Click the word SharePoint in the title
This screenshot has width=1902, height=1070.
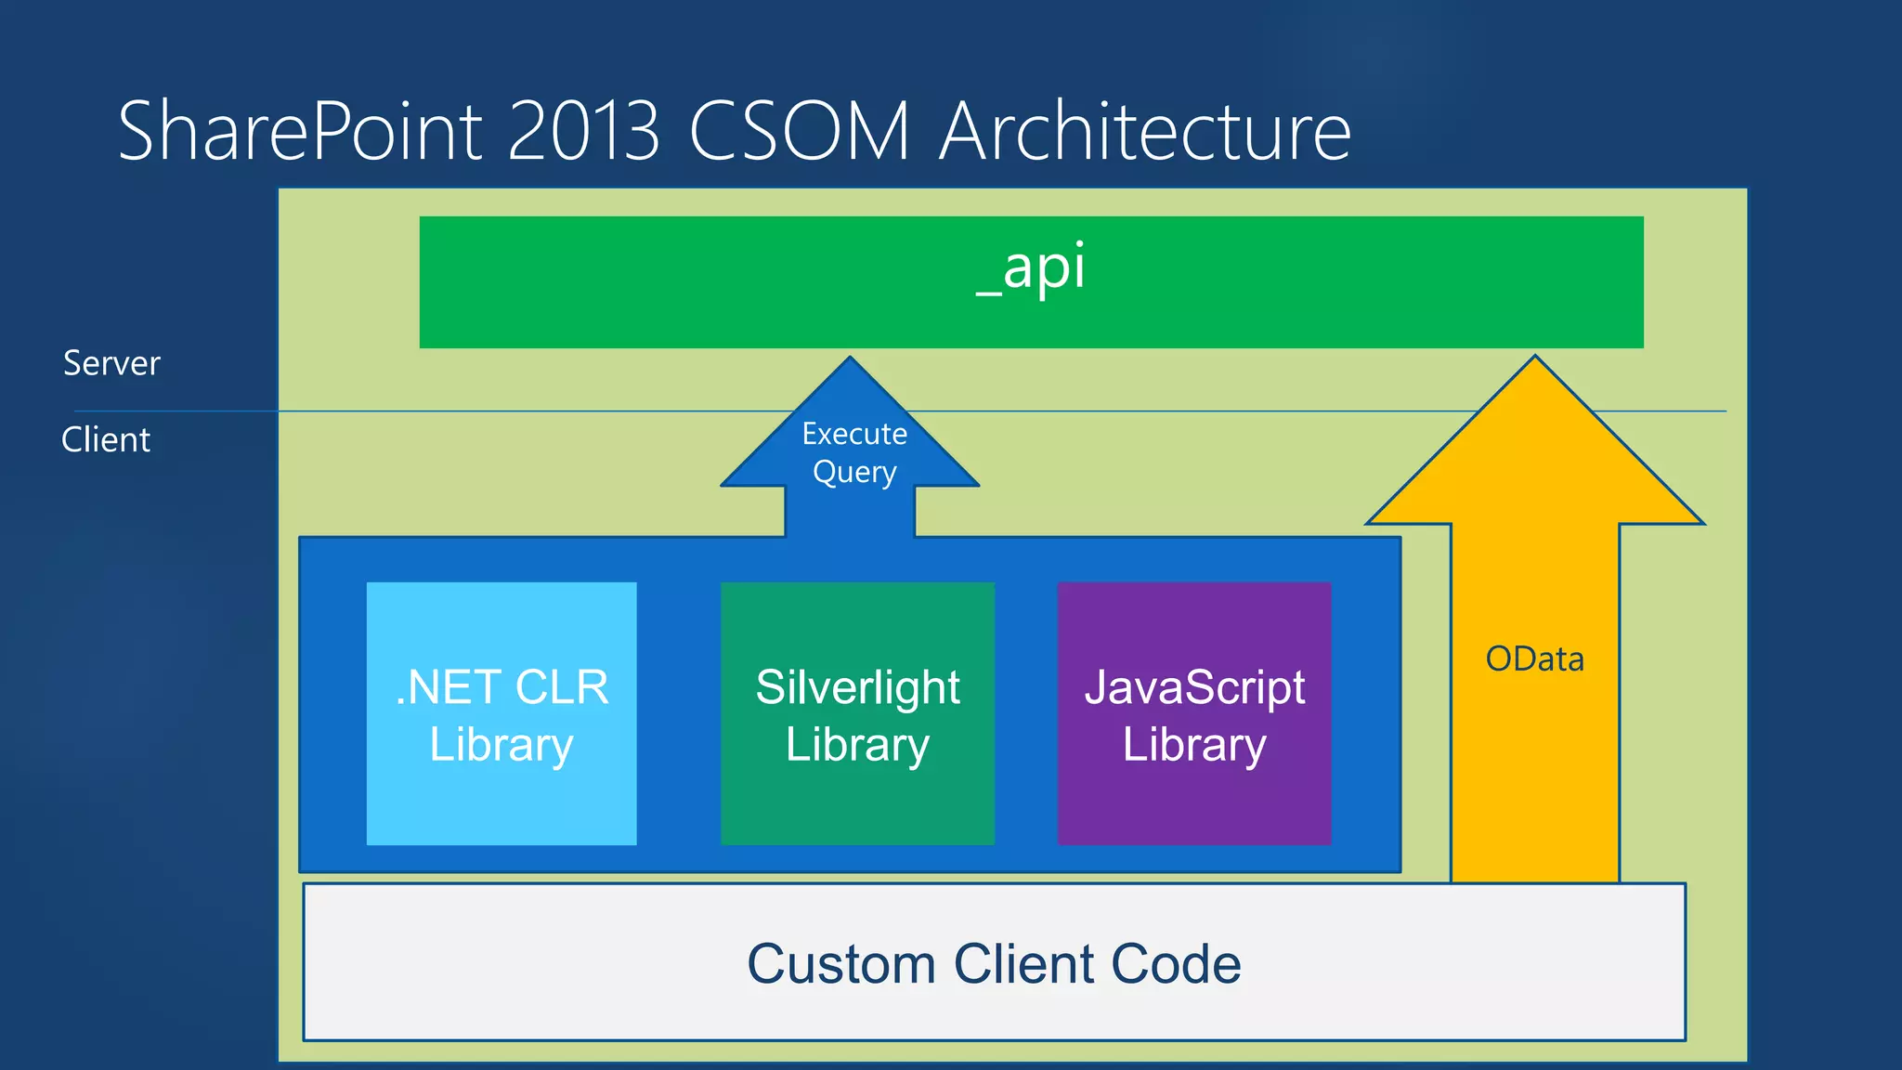(x=300, y=132)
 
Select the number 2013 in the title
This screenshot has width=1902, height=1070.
(x=584, y=132)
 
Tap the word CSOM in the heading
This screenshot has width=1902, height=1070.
(x=800, y=132)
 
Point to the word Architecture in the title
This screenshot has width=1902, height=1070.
(x=1144, y=132)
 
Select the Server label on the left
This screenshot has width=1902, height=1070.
(x=111, y=363)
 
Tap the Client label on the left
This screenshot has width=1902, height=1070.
(x=106, y=439)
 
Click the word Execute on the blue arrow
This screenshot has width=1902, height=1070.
(x=854, y=434)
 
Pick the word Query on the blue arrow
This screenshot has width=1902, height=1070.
(x=854, y=473)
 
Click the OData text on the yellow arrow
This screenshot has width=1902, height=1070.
(x=1534, y=659)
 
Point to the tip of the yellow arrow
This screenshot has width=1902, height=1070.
(x=1535, y=359)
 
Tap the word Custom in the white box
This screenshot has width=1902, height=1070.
(x=840, y=964)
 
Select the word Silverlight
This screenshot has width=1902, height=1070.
(x=857, y=688)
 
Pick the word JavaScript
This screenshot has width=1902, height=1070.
(x=1194, y=688)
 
